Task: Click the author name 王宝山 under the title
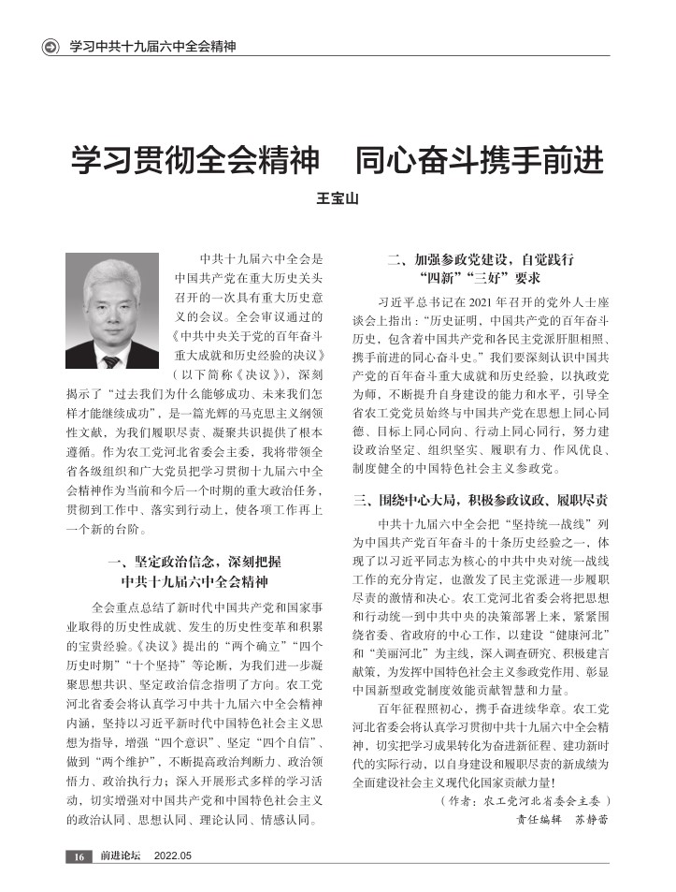(x=338, y=199)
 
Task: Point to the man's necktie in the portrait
(x=112, y=360)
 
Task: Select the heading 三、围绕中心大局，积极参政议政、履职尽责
(x=481, y=499)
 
